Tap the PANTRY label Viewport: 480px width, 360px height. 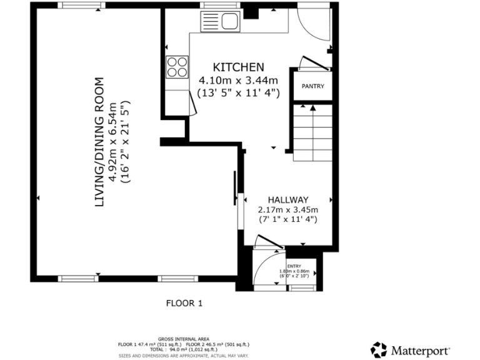[x=312, y=86]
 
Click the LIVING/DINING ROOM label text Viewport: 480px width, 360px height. [x=99, y=142]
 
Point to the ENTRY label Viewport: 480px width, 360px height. [x=293, y=266]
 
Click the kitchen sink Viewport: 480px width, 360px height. [x=219, y=22]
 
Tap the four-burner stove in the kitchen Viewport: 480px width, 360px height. [x=177, y=66]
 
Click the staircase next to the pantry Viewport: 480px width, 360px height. [x=312, y=132]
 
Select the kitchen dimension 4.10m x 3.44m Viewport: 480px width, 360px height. [x=238, y=80]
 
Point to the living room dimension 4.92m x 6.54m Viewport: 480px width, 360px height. [x=113, y=142]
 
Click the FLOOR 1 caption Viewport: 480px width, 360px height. [x=184, y=304]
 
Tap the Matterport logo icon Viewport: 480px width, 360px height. [x=379, y=349]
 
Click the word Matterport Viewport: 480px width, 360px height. [x=420, y=349]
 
